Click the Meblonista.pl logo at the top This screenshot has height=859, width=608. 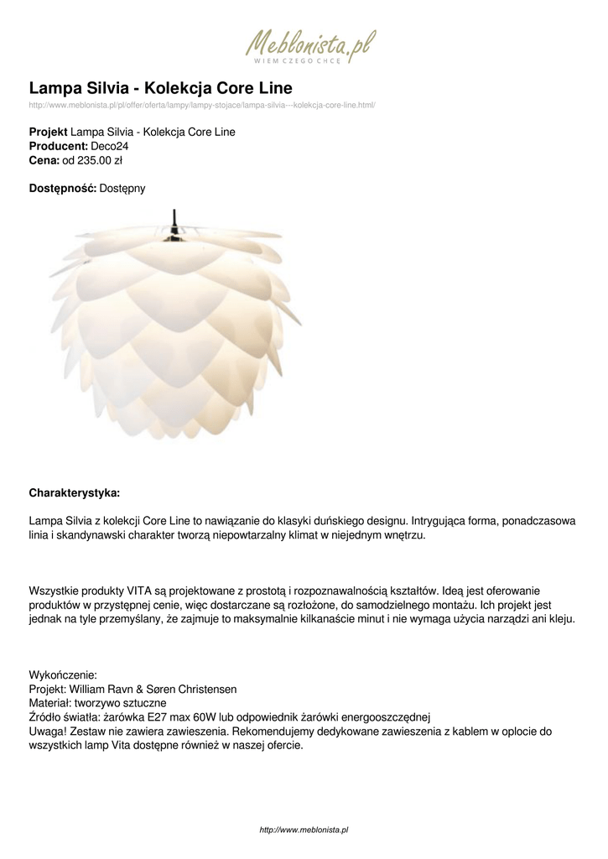309,46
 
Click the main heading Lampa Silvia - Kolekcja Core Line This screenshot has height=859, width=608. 160,88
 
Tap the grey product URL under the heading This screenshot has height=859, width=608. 201,105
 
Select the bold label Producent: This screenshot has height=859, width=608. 59,146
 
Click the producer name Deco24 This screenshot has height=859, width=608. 110,146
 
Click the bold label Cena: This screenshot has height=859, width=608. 44,160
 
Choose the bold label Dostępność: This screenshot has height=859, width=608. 63,189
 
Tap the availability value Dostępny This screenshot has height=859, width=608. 122,189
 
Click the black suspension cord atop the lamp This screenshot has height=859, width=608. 174,219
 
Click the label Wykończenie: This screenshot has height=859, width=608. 63,674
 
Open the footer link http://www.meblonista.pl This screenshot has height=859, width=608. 304,830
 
